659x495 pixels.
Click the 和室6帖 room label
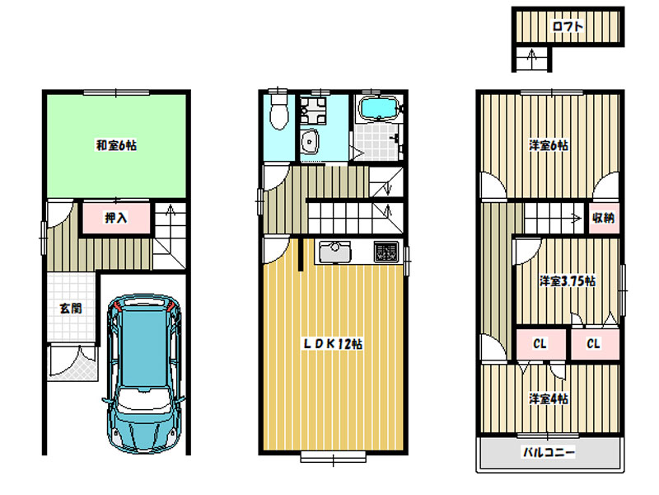tap(116, 146)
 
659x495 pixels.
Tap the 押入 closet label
tap(115, 218)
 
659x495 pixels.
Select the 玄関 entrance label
tap(71, 308)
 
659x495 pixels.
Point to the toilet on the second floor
tap(278, 111)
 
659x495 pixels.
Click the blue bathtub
tap(380, 109)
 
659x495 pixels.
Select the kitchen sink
tap(334, 252)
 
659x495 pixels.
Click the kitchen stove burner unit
tap(386, 252)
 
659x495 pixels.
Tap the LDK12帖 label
tap(333, 344)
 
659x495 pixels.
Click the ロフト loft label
tap(568, 26)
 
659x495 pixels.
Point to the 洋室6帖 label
tap(549, 146)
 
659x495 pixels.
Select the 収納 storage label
tap(604, 218)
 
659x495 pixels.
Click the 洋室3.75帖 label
tap(568, 280)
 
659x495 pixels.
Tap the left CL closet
tap(540, 344)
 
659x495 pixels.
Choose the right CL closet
tap(595, 344)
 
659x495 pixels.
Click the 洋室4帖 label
tap(549, 398)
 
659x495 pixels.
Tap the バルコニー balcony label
tap(549, 452)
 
